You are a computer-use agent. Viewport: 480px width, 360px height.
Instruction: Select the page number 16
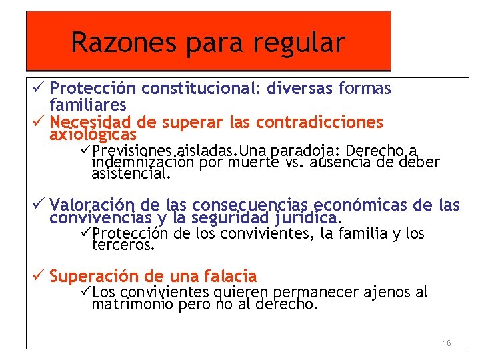[x=447, y=343]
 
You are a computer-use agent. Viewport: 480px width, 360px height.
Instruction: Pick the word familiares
[x=88, y=105]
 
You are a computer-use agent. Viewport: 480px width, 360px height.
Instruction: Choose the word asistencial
[x=131, y=175]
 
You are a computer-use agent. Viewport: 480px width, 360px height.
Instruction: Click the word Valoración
[x=91, y=204]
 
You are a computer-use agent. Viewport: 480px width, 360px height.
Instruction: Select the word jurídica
[x=307, y=217]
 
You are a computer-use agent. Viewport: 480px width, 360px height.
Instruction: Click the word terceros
[x=123, y=245]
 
